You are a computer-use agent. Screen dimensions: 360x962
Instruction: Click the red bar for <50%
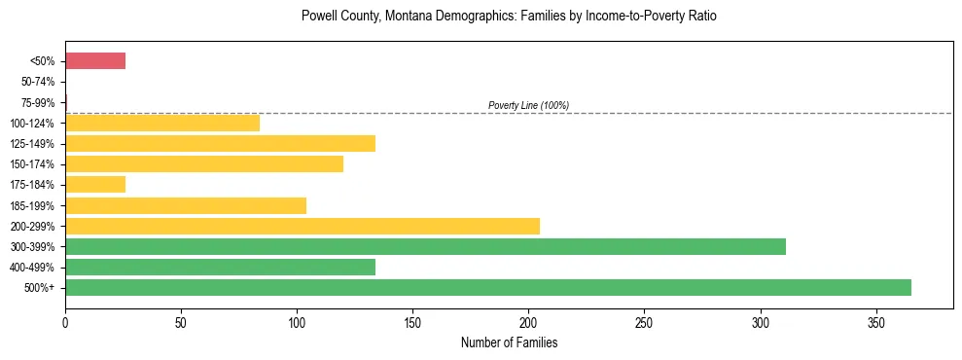[x=95, y=61]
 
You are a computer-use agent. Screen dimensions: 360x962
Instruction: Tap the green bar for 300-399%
[x=425, y=246]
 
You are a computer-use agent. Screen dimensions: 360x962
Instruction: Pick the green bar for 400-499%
[x=220, y=267]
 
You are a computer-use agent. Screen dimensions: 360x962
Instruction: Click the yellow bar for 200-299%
[x=303, y=226]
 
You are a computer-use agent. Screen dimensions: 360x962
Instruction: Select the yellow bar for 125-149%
[x=220, y=144]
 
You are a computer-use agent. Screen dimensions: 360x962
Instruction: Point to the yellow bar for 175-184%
[x=95, y=185]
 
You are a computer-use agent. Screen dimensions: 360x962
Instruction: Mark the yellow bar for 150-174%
[x=204, y=164]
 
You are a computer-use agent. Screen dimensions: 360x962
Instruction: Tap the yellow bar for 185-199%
[x=186, y=205]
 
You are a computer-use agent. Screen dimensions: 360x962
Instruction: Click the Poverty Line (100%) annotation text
[x=528, y=105]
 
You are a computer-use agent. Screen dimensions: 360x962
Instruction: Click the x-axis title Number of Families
[x=509, y=342]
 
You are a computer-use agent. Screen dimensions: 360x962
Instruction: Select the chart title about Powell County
[x=509, y=17]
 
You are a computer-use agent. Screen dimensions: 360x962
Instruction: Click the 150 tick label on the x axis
[x=412, y=320]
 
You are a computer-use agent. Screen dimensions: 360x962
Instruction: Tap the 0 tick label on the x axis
[x=65, y=320]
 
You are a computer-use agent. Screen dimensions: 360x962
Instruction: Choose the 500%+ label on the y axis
[x=42, y=288]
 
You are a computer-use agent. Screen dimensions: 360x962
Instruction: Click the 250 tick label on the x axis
[x=644, y=320]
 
